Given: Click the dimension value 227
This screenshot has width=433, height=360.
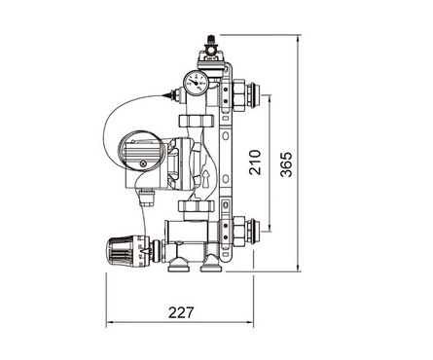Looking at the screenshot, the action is (x=181, y=312).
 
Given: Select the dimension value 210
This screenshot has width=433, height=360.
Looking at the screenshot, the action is (x=255, y=162).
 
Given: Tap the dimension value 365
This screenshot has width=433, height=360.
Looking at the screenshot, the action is (x=286, y=164).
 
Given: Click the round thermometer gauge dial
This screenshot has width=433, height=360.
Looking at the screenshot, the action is (x=195, y=83).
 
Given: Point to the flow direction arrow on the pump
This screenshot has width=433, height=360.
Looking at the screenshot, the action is (x=206, y=180).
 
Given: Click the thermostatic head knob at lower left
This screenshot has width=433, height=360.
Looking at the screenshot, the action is (x=120, y=252).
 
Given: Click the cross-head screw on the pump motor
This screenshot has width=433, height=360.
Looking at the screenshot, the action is (x=143, y=163).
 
